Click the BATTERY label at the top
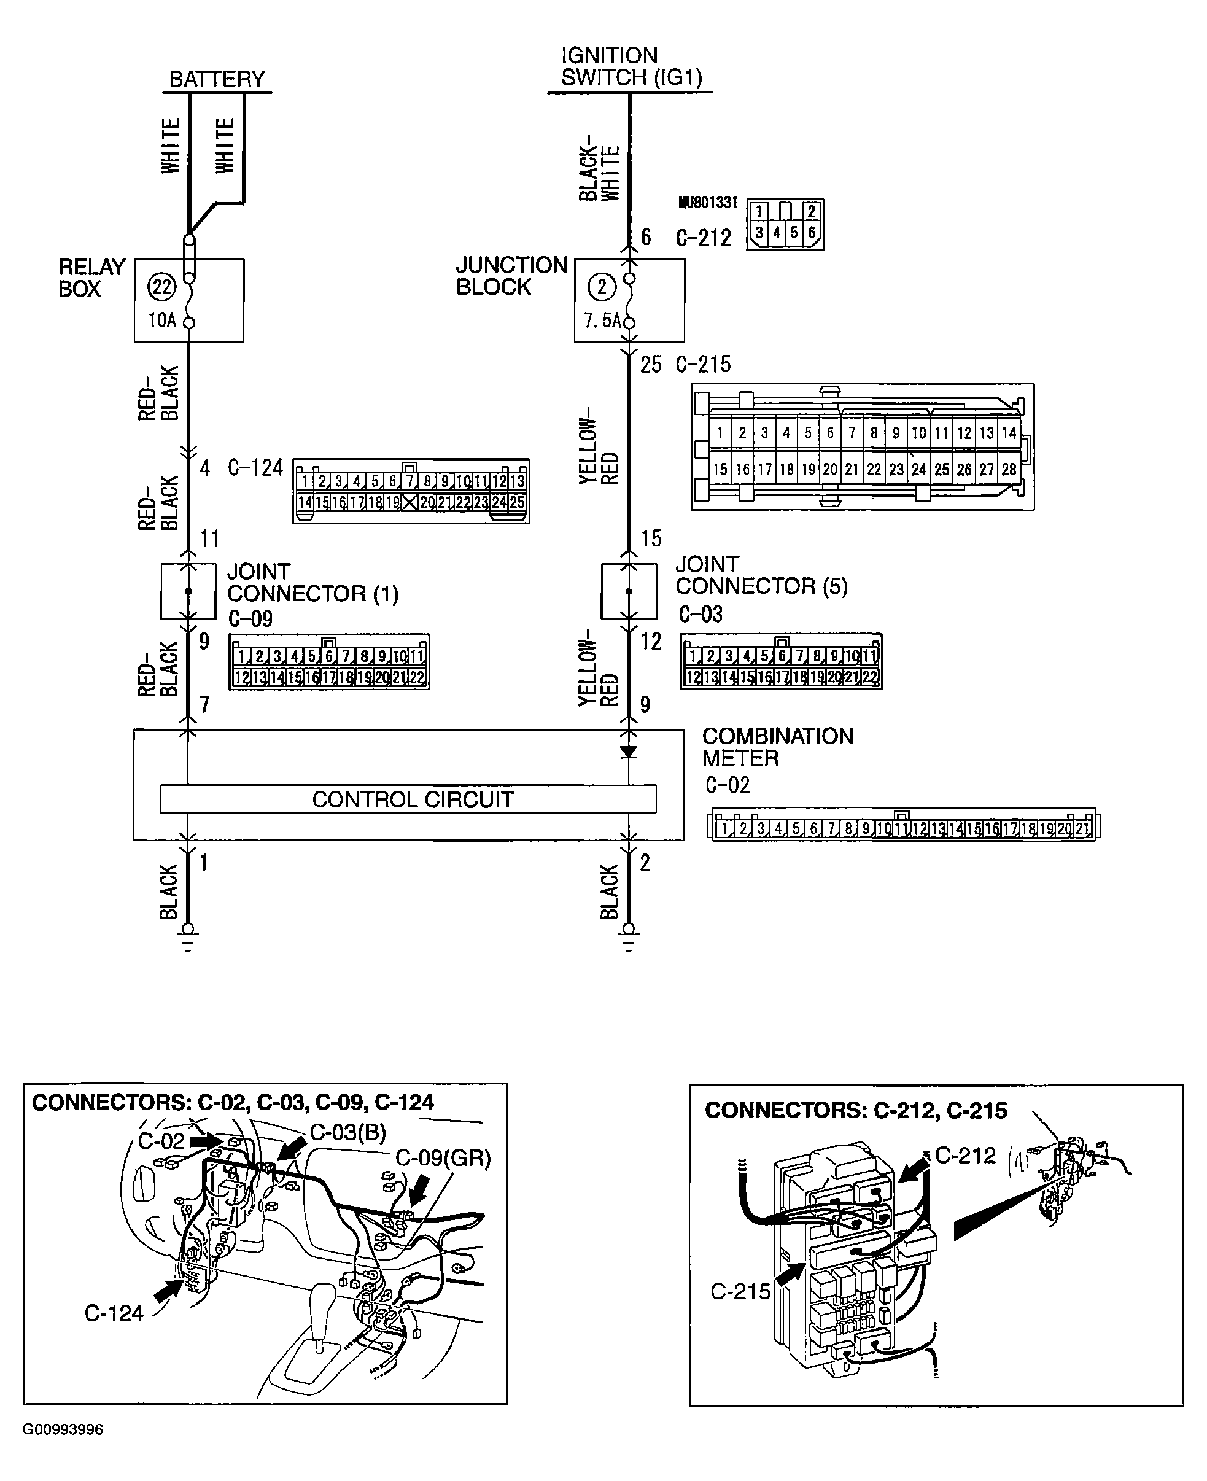(217, 79)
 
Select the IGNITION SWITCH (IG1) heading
(631, 67)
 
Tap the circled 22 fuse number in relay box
(162, 287)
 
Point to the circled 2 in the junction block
(602, 287)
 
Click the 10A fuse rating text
(162, 321)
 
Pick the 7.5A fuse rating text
(603, 321)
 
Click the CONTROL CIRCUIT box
(408, 799)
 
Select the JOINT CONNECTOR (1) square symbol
(188, 591)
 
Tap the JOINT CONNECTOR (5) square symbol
(629, 591)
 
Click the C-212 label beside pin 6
(703, 238)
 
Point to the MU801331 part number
(708, 203)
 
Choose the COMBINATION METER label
(777, 747)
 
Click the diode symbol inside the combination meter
(629, 752)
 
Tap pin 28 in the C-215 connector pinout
(1008, 469)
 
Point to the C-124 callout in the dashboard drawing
(114, 1313)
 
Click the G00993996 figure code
(63, 1429)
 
